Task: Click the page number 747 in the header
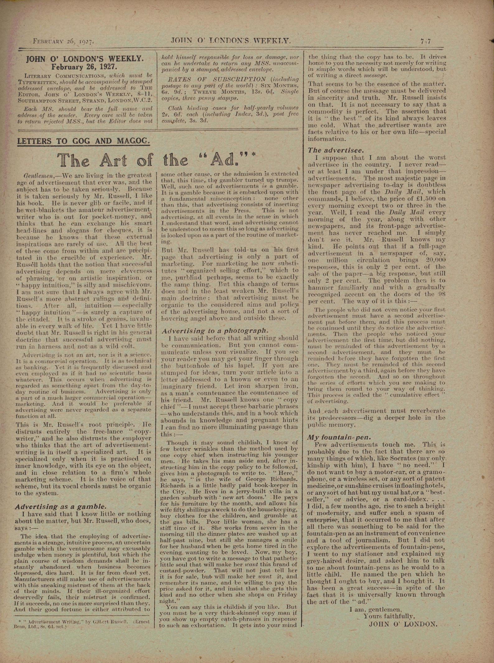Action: (x=426, y=41)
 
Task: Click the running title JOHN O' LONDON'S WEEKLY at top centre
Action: (x=231, y=40)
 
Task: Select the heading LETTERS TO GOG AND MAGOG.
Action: (x=83, y=141)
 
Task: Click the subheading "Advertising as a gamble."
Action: (x=61, y=507)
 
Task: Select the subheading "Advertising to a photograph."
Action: (x=215, y=331)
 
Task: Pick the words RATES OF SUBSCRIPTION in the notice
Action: (x=217, y=79)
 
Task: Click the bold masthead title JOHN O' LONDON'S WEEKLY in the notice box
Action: (x=85, y=59)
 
